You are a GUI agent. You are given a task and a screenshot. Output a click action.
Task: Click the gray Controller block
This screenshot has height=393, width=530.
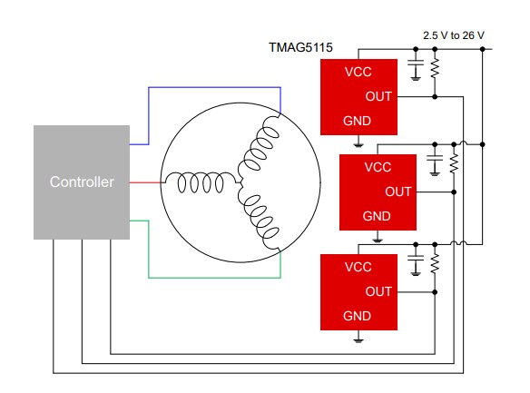pyautogui.click(x=82, y=182)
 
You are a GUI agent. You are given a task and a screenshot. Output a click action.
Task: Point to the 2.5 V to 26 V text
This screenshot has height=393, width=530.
pyautogui.click(x=454, y=34)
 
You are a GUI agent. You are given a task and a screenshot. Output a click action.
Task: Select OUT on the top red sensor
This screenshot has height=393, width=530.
pyautogui.click(x=378, y=95)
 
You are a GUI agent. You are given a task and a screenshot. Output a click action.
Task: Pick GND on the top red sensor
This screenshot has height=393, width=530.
pyautogui.click(x=357, y=120)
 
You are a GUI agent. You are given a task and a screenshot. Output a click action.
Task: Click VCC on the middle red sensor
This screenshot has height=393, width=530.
pyautogui.click(x=378, y=168)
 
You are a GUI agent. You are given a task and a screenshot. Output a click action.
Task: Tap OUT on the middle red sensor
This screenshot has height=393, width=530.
pyautogui.click(x=397, y=192)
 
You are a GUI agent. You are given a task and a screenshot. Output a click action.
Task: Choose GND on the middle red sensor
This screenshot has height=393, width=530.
pyautogui.click(x=377, y=216)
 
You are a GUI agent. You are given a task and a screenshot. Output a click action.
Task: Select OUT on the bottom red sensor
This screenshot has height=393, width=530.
pyautogui.click(x=378, y=291)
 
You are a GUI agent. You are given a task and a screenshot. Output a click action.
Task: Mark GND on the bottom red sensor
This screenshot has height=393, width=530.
pyautogui.click(x=357, y=316)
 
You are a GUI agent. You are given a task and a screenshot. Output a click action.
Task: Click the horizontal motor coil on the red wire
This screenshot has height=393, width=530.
pyautogui.click(x=199, y=182)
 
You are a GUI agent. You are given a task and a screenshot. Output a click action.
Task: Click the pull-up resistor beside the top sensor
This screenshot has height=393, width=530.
pyautogui.click(x=435, y=70)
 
